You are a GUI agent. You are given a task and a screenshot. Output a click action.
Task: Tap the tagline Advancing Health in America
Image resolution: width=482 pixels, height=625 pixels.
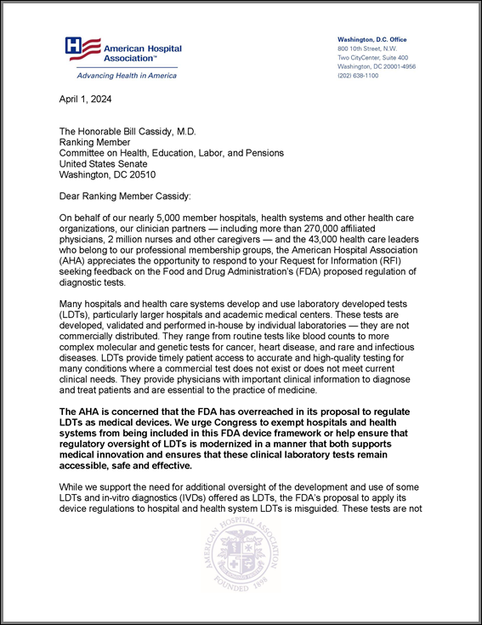tap(122, 76)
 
